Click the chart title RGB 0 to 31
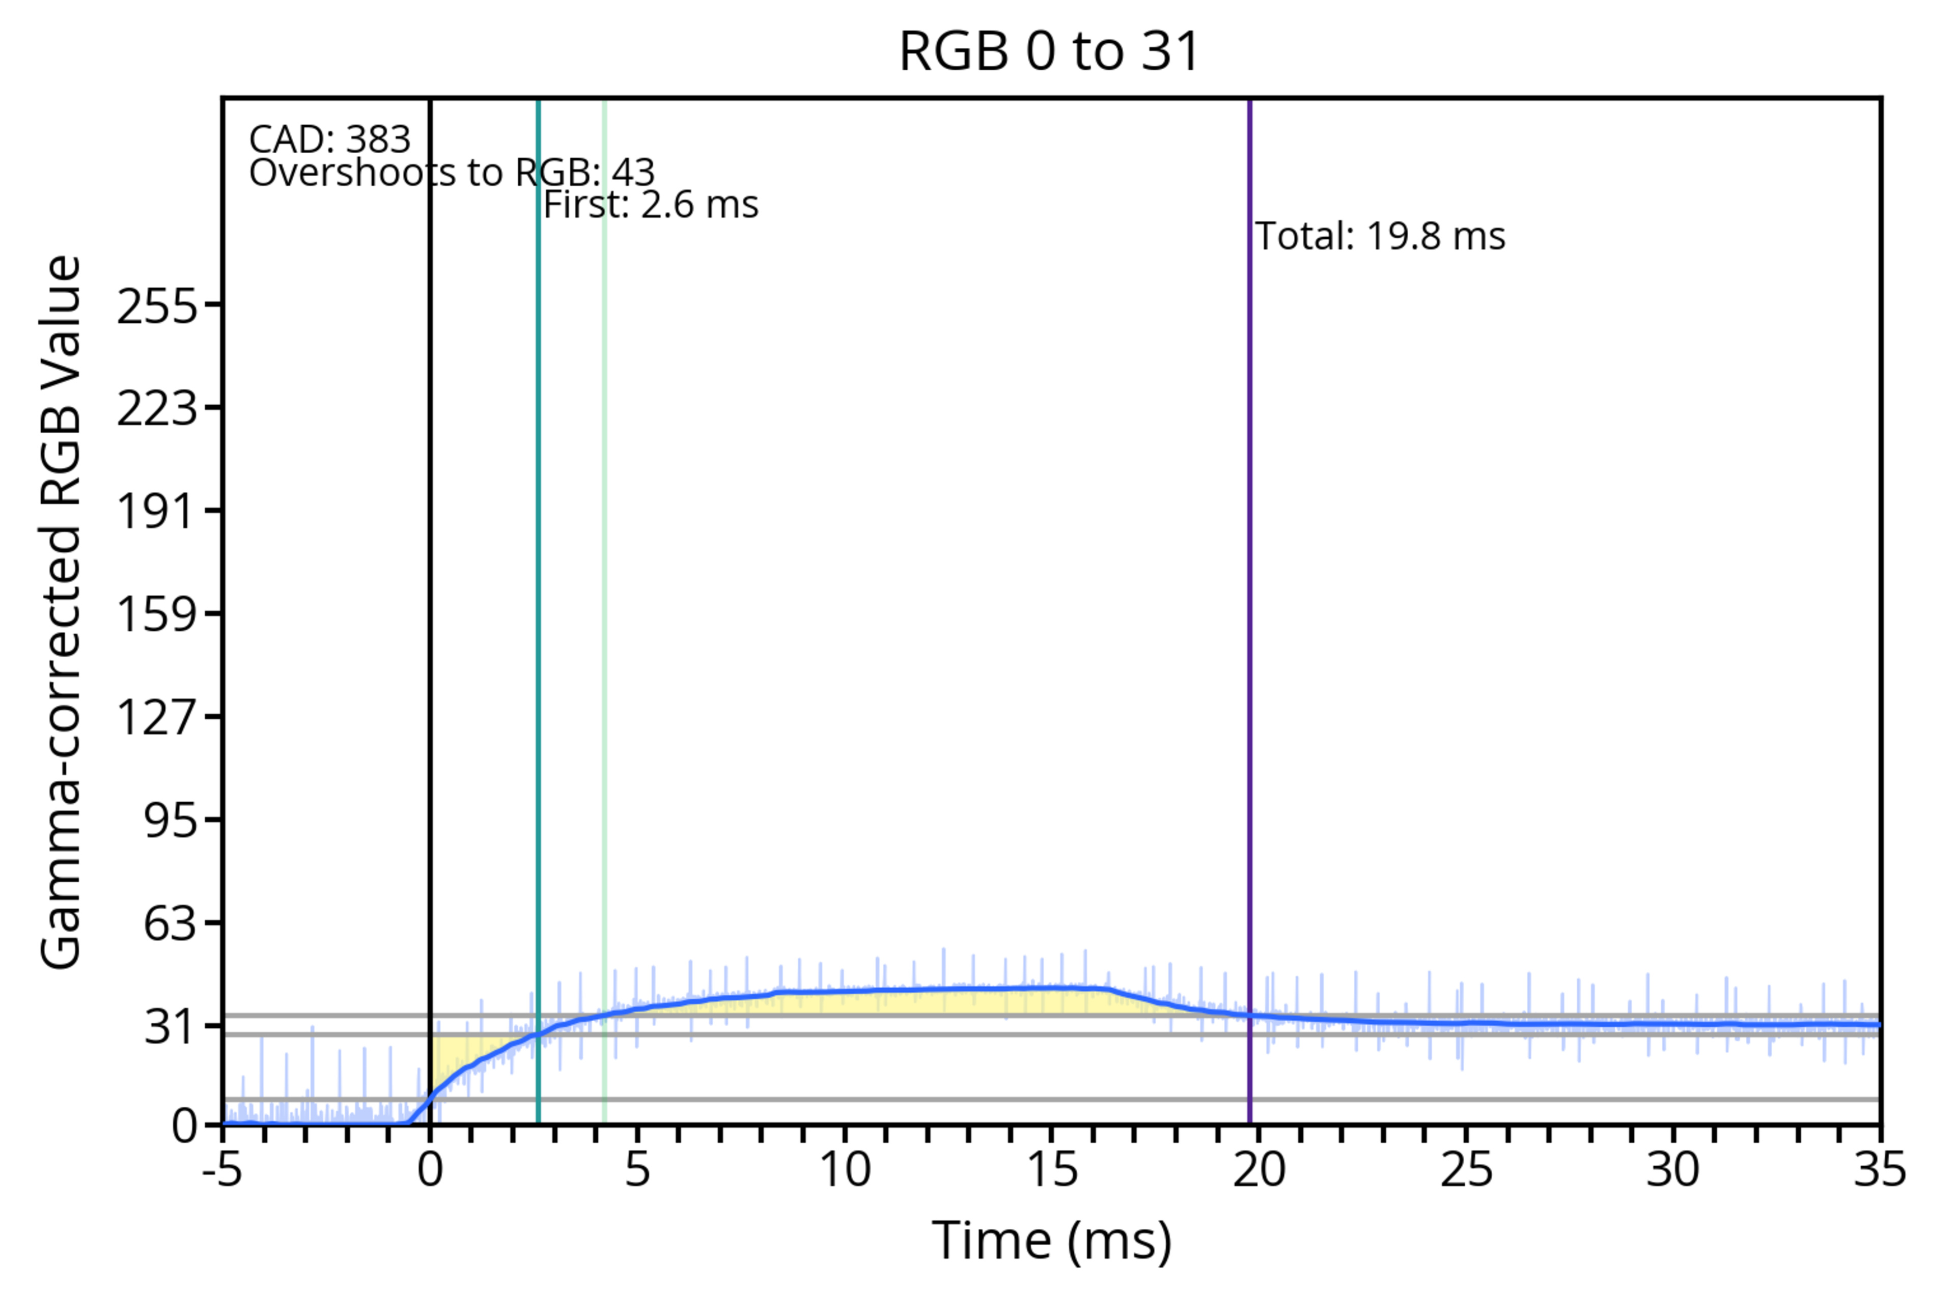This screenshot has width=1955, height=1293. [x=1049, y=51]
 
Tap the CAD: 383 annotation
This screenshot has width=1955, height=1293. [x=330, y=139]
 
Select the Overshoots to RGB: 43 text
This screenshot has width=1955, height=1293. [x=452, y=173]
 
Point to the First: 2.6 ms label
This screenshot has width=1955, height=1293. [x=651, y=205]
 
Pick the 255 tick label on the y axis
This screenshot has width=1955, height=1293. [x=157, y=307]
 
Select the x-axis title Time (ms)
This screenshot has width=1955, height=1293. [x=1051, y=1241]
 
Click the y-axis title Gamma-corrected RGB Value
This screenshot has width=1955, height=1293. [x=62, y=612]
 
